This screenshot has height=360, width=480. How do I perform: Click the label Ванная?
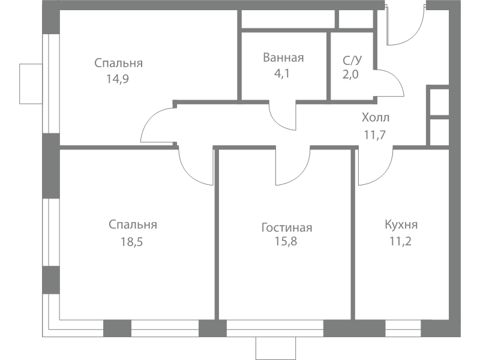pyautogui.click(x=283, y=58)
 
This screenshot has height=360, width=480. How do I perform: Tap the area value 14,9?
pyautogui.click(x=118, y=79)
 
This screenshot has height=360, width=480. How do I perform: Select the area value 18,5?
pyautogui.click(x=131, y=242)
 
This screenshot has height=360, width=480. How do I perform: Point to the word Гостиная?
pyautogui.click(x=287, y=228)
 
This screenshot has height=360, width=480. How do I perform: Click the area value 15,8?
pyautogui.click(x=286, y=242)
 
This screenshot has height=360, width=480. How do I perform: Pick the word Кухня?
pyautogui.click(x=401, y=224)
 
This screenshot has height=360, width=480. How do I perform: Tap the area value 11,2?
pyautogui.click(x=400, y=242)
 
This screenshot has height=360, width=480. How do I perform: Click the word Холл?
pyautogui.click(x=376, y=118)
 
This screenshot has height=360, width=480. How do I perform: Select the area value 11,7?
pyautogui.click(x=375, y=134)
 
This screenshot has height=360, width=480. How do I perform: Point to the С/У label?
pyautogui.click(x=352, y=61)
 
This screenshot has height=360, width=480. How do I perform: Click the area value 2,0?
pyautogui.click(x=350, y=74)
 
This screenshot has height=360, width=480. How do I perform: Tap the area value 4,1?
pyautogui.click(x=281, y=74)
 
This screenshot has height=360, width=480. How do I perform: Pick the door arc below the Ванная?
pyautogui.click(x=277, y=122)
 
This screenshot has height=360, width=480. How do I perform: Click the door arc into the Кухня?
pyautogui.click(x=383, y=176)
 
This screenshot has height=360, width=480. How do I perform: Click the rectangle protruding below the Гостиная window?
pyautogui.click(x=276, y=349)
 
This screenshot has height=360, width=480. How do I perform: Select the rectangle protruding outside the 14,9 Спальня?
pyautogui.click(x=31, y=83)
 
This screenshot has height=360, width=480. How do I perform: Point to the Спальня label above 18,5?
pyautogui.click(x=133, y=224)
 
